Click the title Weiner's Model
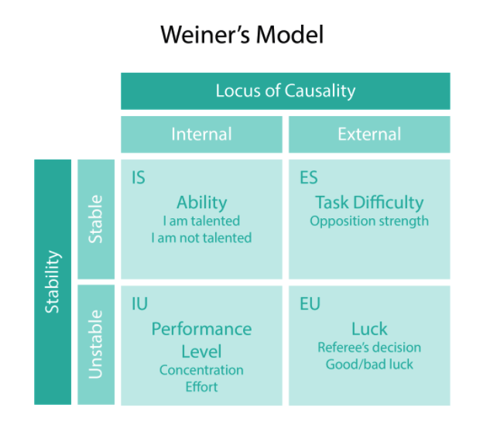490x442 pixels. click(242, 35)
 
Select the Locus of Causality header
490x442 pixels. click(285, 91)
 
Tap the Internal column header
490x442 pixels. click(201, 134)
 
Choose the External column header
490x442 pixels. click(369, 134)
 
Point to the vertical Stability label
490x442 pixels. click(53, 281)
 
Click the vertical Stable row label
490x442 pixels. click(95, 219)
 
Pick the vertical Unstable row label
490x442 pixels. click(95, 344)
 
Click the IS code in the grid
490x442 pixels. click(139, 178)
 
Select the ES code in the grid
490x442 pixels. click(308, 178)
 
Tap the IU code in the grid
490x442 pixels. click(139, 304)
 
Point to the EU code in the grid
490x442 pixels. click(310, 304)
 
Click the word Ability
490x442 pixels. click(201, 203)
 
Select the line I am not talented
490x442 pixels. click(201, 238)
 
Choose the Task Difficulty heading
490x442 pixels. click(369, 203)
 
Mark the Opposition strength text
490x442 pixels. click(369, 221)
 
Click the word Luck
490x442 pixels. click(369, 329)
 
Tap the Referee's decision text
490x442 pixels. click(369, 347)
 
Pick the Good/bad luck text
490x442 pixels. click(369, 364)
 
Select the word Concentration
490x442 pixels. click(201, 370)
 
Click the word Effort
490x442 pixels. click(201, 387)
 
